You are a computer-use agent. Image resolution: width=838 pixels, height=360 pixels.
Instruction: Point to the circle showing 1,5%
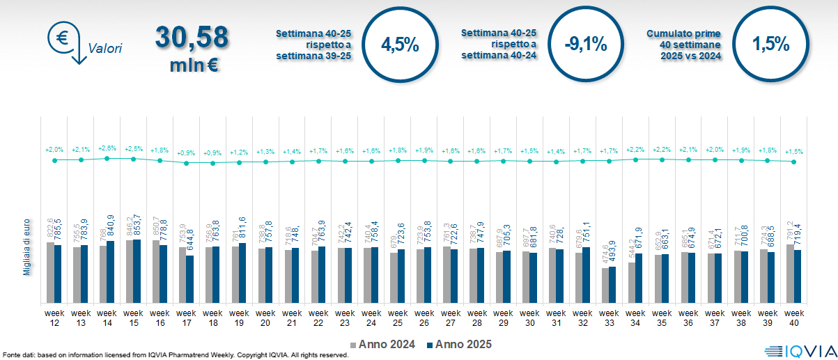(770, 45)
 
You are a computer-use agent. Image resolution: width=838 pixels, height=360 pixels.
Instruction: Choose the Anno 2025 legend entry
(459, 344)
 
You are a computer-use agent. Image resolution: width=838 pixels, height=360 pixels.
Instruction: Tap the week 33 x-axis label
(609, 317)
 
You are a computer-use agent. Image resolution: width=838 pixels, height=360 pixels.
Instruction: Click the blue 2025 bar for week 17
(190, 279)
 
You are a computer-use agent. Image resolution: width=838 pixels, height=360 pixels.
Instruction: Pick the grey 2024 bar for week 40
(790, 273)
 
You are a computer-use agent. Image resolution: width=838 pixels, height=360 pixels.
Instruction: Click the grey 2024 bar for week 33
(605, 285)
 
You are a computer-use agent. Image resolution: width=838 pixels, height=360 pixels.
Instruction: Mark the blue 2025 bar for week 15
(137, 271)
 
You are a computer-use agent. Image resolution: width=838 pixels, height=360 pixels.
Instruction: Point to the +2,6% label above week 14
(107, 148)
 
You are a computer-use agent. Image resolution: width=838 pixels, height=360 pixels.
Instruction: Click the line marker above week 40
(793, 162)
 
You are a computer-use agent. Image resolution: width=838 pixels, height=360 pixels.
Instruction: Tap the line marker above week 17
(186, 163)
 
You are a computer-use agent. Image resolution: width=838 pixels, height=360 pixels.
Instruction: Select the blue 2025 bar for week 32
(587, 274)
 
